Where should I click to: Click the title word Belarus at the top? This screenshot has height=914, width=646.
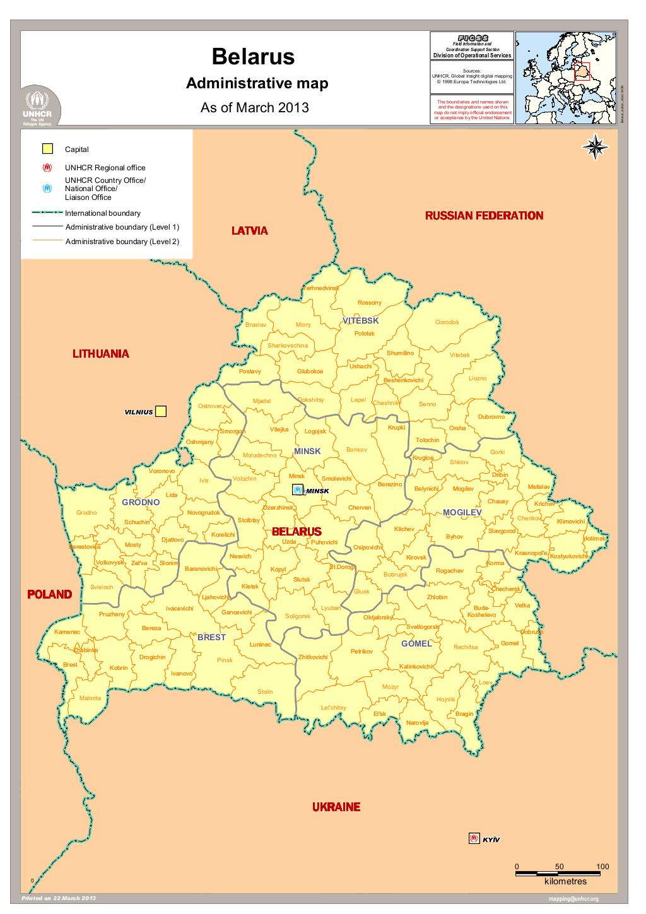[253, 57]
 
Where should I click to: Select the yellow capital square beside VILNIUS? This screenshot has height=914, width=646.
[161, 411]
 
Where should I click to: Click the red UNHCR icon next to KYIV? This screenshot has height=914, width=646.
[474, 838]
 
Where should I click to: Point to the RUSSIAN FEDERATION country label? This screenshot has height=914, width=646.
[484, 216]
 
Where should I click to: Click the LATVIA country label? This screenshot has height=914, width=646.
[250, 231]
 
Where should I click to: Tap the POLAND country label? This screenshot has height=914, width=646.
[49, 594]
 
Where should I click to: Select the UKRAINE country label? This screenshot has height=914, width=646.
[336, 807]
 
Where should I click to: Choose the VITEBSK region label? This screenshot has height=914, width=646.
[361, 320]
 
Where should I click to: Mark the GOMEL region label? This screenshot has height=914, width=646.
[416, 643]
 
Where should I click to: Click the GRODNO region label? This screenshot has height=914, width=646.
[141, 503]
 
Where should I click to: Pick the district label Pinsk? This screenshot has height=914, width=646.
[225, 660]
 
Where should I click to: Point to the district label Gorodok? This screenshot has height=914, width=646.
[447, 322]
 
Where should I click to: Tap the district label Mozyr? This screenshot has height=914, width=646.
[391, 687]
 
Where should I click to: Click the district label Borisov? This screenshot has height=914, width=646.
[356, 450]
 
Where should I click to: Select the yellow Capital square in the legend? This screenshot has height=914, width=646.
[47, 149]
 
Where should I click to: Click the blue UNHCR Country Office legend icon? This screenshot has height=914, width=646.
[47, 189]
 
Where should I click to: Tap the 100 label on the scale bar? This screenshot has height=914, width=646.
[602, 867]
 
